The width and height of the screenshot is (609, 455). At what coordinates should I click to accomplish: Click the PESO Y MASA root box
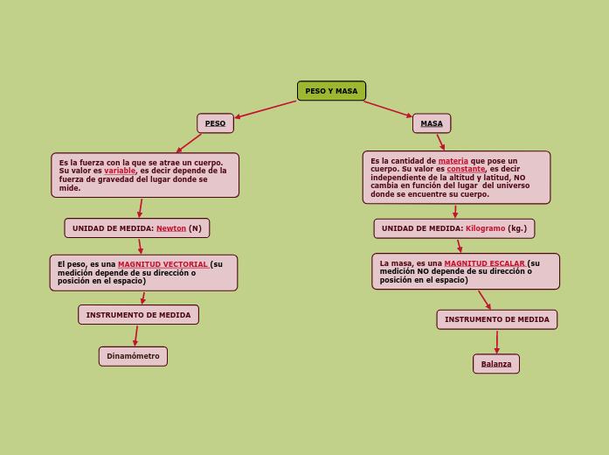(x=331, y=91)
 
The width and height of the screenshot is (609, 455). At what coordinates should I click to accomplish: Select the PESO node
(x=215, y=123)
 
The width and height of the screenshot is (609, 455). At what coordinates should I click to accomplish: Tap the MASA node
(x=432, y=123)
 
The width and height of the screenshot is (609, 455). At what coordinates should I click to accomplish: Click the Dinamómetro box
(x=133, y=356)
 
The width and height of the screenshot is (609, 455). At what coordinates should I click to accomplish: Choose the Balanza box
(x=496, y=364)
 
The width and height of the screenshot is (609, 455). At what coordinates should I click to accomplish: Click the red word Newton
(x=171, y=228)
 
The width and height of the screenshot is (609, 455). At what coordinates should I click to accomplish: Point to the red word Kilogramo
(x=485, y=228)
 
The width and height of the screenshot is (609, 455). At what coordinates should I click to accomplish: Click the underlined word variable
(x=120, y=171)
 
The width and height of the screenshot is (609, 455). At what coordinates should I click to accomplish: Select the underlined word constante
(x=466, y=169)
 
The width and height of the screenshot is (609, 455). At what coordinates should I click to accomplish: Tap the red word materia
(x=453, y=161)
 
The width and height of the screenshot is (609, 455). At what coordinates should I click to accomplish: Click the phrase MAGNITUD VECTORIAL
(x=163, y=264)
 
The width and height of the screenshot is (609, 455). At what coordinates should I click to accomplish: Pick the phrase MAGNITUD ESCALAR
(x=484, y=263)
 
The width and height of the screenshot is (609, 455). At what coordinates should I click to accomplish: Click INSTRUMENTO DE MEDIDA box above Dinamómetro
(x=138, y=315)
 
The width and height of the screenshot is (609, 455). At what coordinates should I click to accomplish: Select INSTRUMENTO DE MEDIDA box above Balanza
(x=496, y=319)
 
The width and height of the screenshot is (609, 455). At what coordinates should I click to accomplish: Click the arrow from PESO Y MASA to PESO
(x=266, y=109)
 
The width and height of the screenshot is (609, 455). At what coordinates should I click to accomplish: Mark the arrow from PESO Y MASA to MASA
(x=388, y=109)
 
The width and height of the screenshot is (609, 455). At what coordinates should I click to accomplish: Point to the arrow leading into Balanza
(x=497, y=342)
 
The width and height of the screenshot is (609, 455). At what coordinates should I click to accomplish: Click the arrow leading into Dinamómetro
(x=135, y=335)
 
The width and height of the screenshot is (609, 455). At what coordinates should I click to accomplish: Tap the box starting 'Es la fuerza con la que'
(x=145, y=175)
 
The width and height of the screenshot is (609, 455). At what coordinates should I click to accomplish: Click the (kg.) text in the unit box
(x=517, y=228)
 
